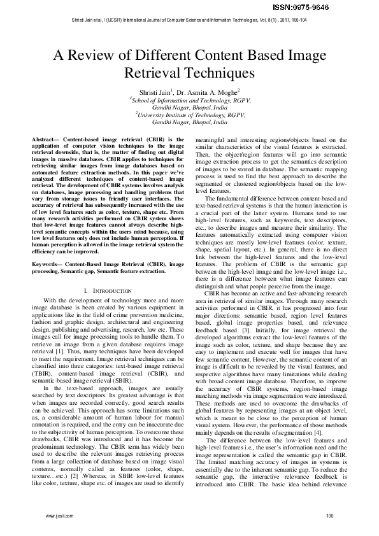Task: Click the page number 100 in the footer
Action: click(329, 515)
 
